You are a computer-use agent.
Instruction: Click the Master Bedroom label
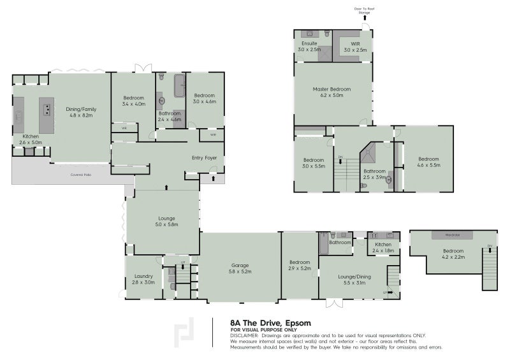tap(331, 92)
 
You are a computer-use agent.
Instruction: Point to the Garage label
tap(240, 268)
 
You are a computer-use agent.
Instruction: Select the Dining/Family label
tap(80, 113)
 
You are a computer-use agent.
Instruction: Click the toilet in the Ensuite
tap(326, 33)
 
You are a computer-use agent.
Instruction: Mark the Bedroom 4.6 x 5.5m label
tap(428, 162)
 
